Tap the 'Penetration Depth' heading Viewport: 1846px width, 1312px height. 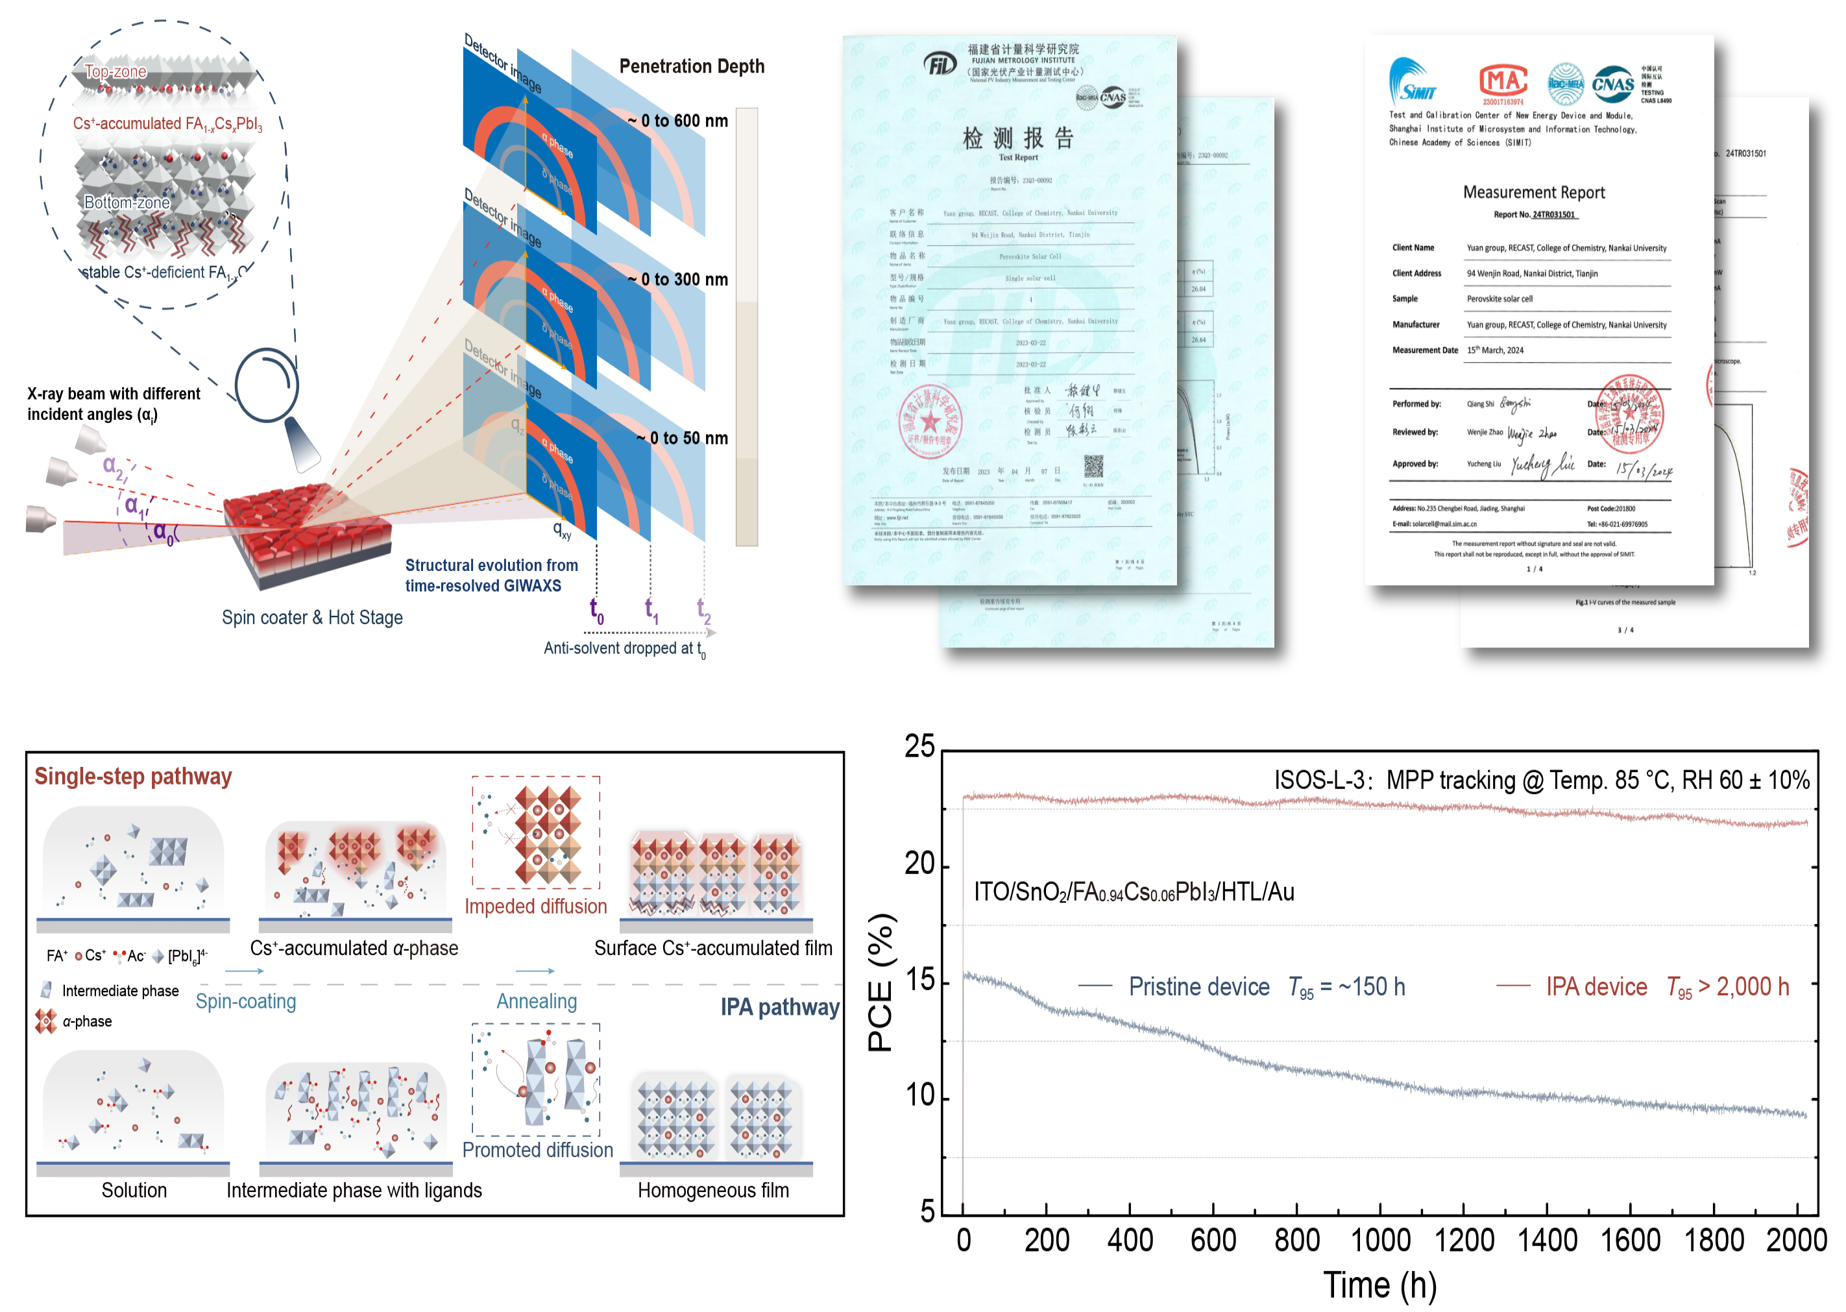(692, 66)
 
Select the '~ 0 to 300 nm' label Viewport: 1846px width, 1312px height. (678, 280)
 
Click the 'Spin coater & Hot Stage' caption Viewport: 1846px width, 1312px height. (312, 618)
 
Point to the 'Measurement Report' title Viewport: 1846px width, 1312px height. (1533, 192)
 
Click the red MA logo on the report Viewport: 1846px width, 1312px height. (1503, 82)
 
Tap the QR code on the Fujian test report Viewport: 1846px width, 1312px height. (1093, 466)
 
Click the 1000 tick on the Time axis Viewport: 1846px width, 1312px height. (1381, 1240)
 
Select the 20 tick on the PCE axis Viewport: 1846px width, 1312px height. (919, 864)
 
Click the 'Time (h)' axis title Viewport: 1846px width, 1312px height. (1380, 1285)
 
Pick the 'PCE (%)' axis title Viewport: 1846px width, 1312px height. (880, 982)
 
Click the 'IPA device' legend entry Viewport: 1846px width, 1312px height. (1596, 986)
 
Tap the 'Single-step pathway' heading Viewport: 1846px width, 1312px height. (133, 777)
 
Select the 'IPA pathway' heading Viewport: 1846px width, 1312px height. (779, 1006)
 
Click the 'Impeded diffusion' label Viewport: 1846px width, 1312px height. (535, 906)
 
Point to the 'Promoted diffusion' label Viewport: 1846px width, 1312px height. (537, 1150)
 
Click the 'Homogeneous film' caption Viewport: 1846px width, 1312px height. (712, 1190)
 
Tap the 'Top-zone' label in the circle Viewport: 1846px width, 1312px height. (115, 71)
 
